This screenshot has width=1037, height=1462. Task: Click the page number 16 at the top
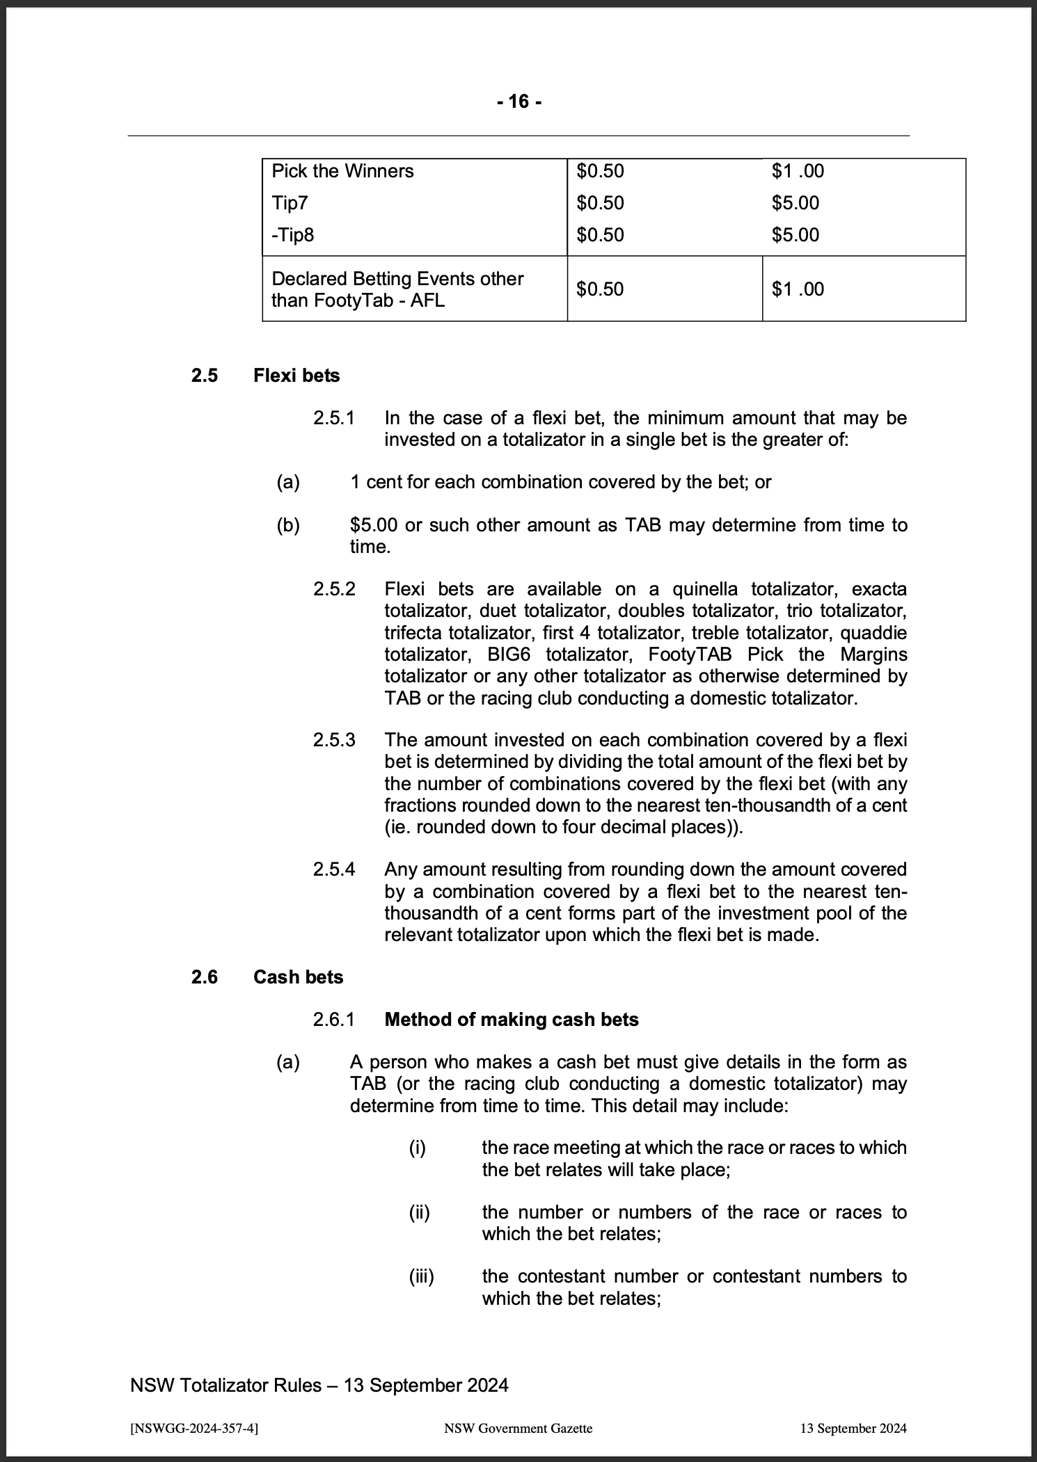518,102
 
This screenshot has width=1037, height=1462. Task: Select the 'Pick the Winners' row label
342,171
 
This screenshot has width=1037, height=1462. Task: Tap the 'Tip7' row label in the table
290,203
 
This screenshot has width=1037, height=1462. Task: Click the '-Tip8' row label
292,235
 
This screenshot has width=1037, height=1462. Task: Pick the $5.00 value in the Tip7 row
795,203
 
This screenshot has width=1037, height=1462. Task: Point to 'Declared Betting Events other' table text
397,279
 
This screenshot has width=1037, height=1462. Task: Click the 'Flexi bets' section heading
296,376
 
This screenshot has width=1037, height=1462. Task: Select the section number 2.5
205,376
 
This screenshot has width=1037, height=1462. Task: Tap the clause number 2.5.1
334,418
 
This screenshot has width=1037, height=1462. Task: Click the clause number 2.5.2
334,589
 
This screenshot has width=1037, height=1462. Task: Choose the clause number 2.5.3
334,740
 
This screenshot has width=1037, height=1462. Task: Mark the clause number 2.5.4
334,869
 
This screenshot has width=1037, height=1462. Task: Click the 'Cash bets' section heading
298,977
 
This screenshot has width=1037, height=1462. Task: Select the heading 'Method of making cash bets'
512,1020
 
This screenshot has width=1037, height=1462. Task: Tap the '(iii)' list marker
421,1276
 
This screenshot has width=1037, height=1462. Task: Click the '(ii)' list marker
419,1212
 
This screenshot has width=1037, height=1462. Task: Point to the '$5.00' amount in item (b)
374,525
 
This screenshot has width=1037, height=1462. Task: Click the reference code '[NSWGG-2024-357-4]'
195,1428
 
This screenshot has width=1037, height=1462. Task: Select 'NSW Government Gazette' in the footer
518,1428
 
